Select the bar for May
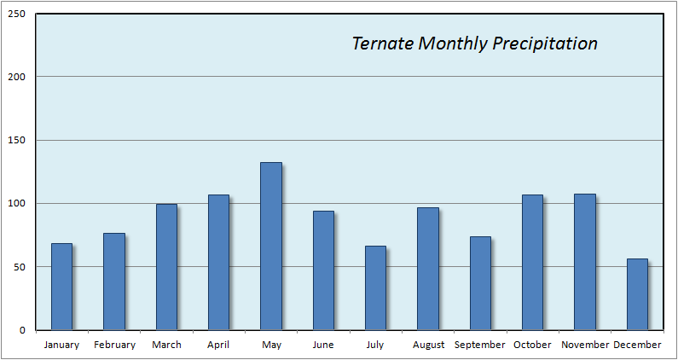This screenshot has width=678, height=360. point(271,247)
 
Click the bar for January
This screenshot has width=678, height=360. point(62,287)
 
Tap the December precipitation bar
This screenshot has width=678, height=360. point(637,294)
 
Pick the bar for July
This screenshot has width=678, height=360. point(375,287)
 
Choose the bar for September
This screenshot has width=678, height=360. point(480,283)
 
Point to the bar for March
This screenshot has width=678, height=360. point(166,267)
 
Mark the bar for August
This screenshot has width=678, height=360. point(428,269)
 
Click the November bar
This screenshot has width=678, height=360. point(585,262)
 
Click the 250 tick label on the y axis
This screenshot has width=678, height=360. point(17,14)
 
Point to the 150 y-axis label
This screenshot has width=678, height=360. point(17,141)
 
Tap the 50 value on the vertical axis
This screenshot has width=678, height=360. point(20,267)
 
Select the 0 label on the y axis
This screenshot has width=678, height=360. point(22,331)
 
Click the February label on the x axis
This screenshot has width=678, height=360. point(114,345)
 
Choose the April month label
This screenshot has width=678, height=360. point(219,345)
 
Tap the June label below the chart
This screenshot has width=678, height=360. point(323,345)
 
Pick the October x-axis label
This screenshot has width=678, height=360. point(532,345)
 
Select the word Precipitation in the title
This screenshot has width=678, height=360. point(545,44)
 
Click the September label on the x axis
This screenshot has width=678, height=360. point(479,345)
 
